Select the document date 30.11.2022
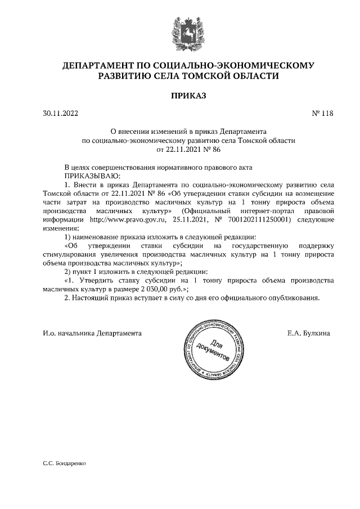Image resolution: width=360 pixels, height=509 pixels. tap(60, 114)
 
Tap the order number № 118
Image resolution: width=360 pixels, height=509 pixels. tap(322, 114)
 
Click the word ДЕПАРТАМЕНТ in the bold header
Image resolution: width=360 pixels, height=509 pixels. tap(99, 66)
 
